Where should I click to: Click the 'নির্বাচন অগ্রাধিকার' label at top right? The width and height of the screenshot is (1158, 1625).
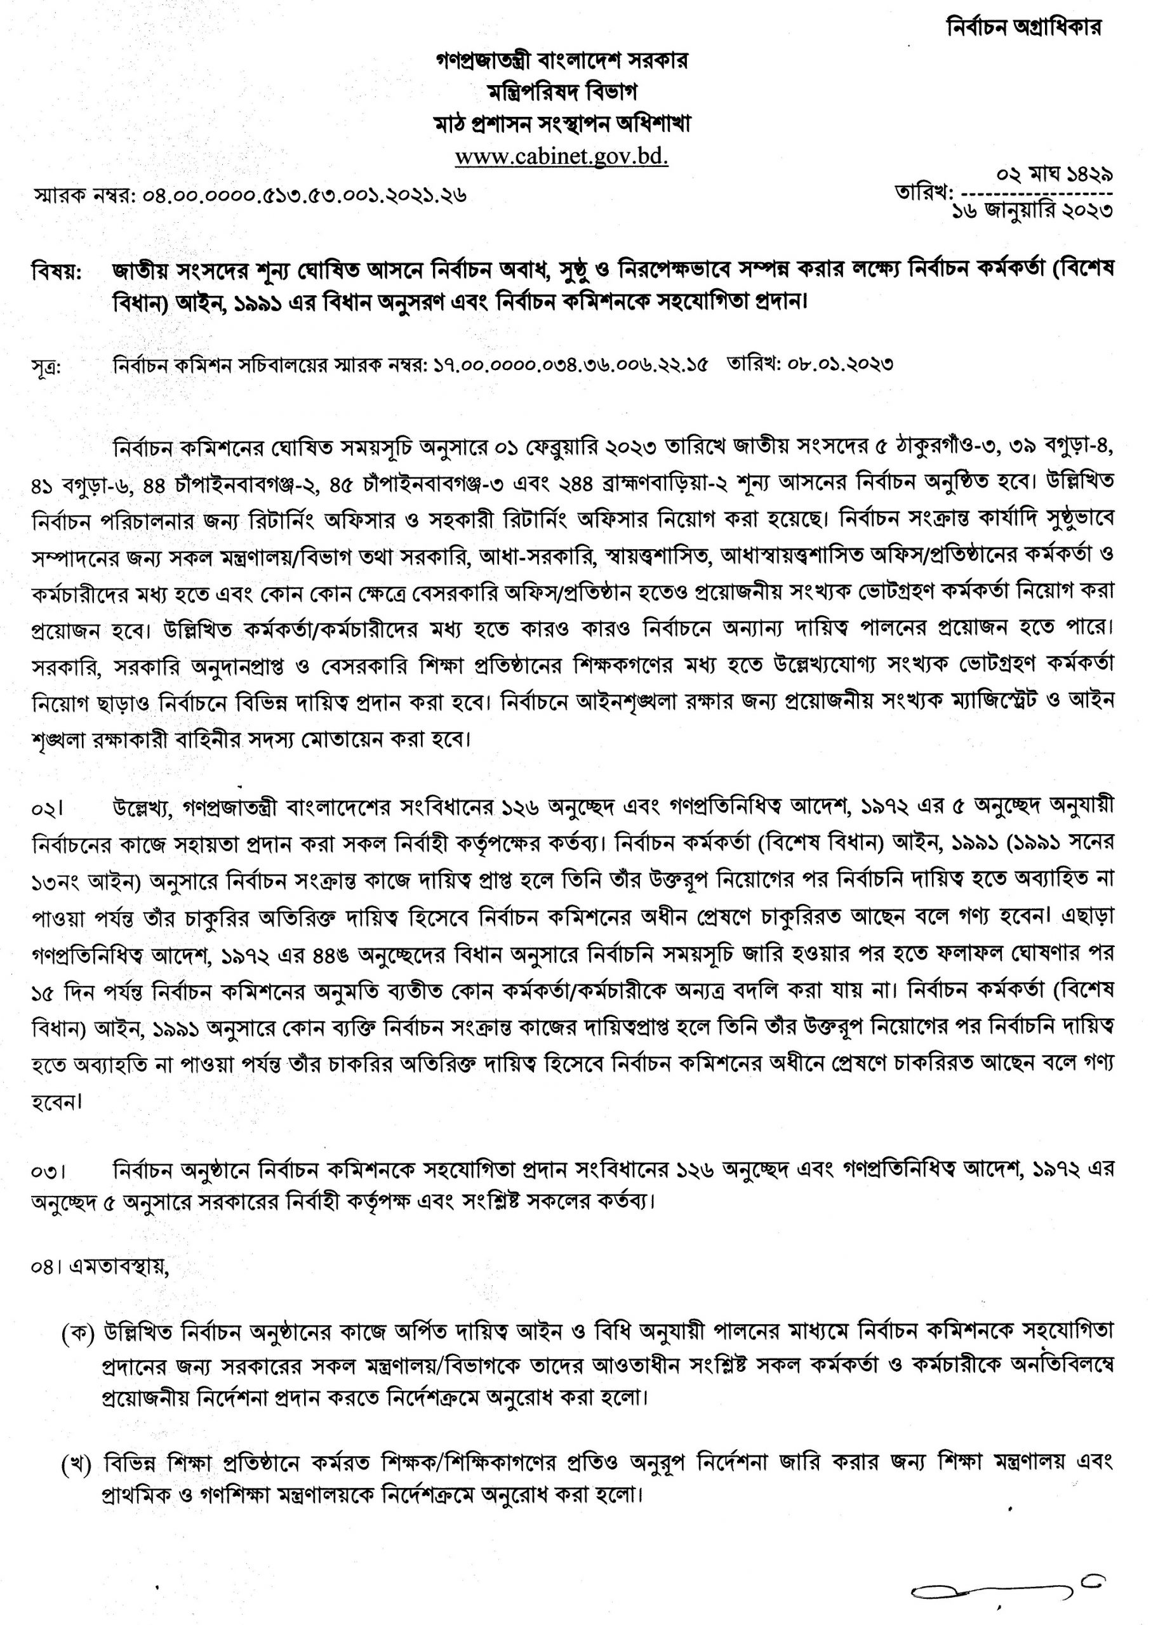pyautogui.click(x=1023, y=27)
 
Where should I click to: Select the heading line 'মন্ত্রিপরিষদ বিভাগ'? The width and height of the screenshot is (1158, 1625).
pyautogui.click(x=562, y=92)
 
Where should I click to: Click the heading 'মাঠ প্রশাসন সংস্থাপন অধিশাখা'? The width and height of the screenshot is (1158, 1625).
pyautogui.click(x=562, y=124)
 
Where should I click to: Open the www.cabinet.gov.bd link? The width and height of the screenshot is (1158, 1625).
pyautogui.click(x=562, y=156)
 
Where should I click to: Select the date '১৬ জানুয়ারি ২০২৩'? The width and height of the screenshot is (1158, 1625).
pyautogui.click(x=1032, y=211)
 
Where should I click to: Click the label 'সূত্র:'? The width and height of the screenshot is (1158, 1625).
pyautogui.click(x=47, y=367)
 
